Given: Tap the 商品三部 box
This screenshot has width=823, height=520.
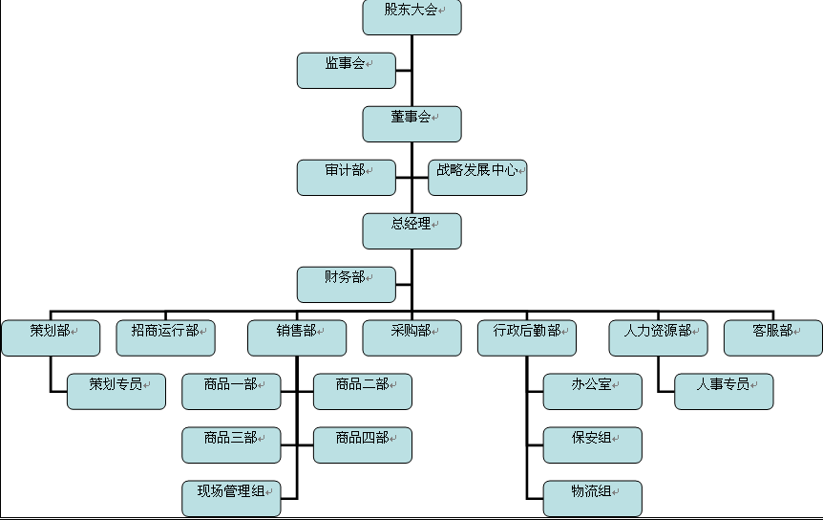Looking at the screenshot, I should tap(231, 444).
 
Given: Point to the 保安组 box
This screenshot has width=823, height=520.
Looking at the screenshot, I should tap(592, 444).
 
